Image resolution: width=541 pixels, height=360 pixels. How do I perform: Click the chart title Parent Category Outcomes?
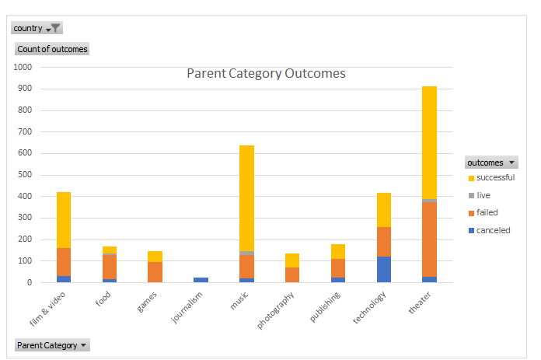coord(266,74)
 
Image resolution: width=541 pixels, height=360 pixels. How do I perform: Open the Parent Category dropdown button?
coord(52,344)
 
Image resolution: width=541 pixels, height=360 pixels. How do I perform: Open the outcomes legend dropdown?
coord(491,163)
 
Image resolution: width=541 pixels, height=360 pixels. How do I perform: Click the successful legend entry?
coord(494,177)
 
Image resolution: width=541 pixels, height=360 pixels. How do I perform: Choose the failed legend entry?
coord(487,212)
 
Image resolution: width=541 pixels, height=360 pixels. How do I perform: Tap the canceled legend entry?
coord(492,230)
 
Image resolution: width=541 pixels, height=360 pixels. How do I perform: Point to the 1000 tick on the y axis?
coord(23,67)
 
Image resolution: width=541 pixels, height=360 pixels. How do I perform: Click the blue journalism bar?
coord(201,279)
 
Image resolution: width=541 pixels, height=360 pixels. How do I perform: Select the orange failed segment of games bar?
coord(155,272)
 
